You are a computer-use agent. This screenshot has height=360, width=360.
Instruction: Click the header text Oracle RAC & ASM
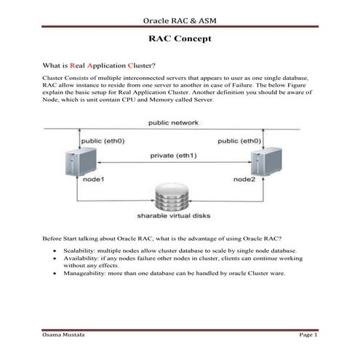180,20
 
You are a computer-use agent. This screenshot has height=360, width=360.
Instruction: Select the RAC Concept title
180,39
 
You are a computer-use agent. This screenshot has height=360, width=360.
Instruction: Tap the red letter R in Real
72,65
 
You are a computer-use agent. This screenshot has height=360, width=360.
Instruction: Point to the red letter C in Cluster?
130,65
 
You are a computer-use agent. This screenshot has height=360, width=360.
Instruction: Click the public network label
173,123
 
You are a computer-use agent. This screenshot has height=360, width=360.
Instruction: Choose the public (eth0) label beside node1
103,141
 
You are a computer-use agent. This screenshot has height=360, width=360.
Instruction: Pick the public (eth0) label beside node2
239,141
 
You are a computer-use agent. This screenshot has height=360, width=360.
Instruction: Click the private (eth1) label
173,156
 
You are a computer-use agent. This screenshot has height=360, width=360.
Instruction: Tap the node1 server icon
81,161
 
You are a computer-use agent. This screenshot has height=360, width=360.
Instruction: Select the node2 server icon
266,161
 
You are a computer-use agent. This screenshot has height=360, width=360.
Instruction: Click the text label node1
93,180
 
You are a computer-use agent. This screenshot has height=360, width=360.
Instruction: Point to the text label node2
244,180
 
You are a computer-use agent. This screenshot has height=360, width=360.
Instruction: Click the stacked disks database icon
172,197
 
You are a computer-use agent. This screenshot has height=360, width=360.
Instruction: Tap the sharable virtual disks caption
174,216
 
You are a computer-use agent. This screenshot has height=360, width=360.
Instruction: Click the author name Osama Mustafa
63,335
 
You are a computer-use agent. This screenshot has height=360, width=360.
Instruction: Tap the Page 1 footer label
308,335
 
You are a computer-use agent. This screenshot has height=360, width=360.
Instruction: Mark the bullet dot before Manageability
55,273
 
